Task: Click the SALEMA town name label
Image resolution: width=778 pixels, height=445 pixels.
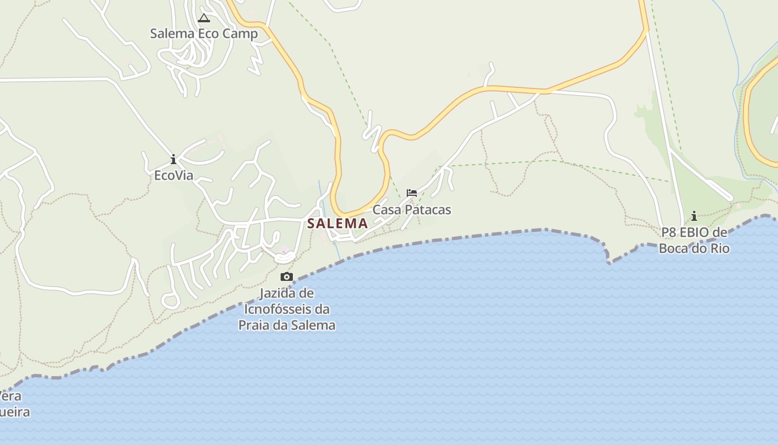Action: tap(337, 224)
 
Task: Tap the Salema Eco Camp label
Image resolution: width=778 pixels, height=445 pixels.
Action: tap(204, 33)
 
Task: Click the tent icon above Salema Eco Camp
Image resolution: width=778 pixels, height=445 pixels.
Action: tap(204, 18)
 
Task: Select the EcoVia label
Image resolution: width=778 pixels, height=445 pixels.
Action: tap(173, 176)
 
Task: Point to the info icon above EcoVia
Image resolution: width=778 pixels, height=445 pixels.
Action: tap(173, 160)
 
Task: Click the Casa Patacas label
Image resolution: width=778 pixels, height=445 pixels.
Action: tap(411, 210)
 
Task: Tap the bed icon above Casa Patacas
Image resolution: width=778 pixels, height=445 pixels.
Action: tap(411, 193)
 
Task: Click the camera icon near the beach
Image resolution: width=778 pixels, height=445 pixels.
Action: tap(287, 276)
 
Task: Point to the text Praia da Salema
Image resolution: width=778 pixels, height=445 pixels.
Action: tap(287, 325)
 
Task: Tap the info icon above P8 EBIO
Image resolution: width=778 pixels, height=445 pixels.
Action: tap(694, 216)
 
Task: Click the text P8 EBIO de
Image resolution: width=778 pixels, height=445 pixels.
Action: tap(694, 233)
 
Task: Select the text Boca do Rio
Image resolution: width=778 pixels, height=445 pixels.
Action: tap(694, 248)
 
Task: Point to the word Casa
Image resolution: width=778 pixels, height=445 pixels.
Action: tap(386, 210)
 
